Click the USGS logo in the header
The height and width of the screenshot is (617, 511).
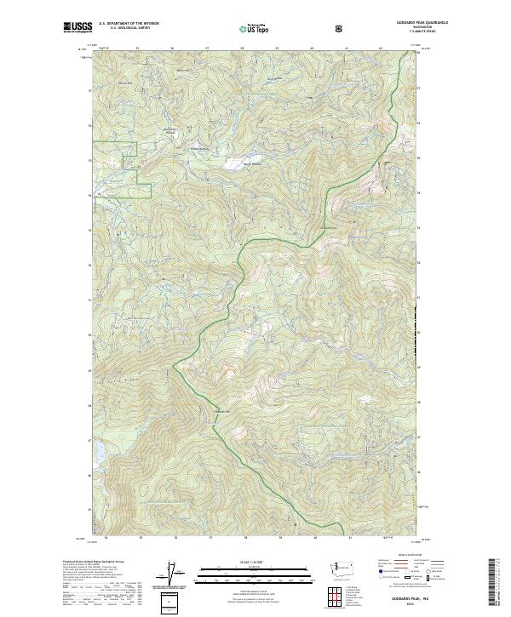pyautogui.click(x=78, y=28)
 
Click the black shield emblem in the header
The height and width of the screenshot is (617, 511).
pyautogui.click(x=342, y=28)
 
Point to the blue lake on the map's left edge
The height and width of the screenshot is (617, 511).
pyautogui.click(x=95, y=450)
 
